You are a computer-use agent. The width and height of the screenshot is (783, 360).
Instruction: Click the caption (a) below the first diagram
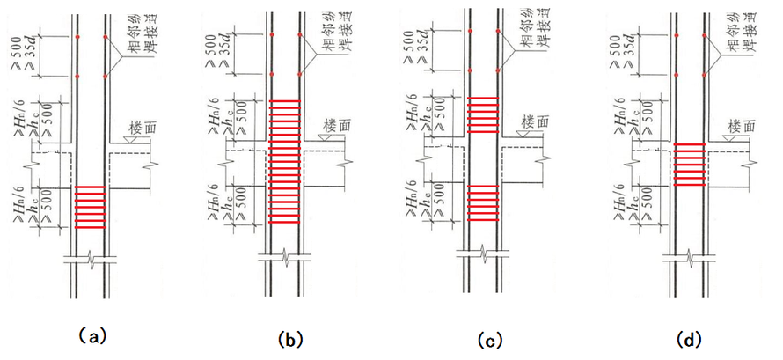click(91, 335)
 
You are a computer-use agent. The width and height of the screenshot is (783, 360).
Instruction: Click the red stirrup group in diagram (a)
click(91, 208)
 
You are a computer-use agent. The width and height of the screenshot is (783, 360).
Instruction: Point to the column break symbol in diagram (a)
click(91, 260)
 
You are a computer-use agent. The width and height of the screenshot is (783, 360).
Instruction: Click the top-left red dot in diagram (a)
click(77, 37)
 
